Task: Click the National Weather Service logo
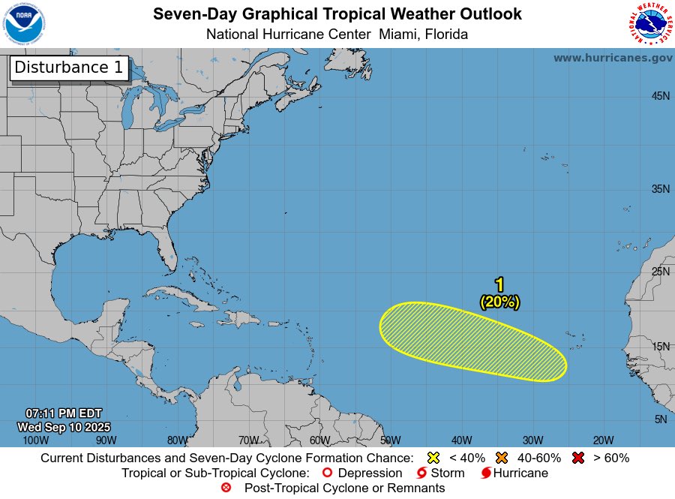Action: coord(649,24)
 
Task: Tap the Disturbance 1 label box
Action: coord(69,68)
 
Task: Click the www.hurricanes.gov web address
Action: coord(613,58)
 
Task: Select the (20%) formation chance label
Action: coord(499,302)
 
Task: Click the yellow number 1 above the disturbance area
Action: coord(499,284)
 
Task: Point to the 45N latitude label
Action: coord(660,96)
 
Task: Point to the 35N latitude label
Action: coord(660,189)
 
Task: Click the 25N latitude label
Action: coord(660,271)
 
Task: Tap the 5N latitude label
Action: coord(661,419)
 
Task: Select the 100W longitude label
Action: coord(35,440)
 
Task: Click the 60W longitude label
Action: coord(319,440)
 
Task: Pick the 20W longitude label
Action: coord(604,440)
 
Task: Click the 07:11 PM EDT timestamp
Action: coord(63,413)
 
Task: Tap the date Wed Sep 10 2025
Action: coord(63,427)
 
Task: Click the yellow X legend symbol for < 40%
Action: coord(433,458)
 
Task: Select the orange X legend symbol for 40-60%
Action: coord(502,458)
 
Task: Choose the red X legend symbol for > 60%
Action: coord(577,458)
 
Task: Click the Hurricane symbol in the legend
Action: coord(486,473)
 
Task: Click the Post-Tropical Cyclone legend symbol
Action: coord(226,488)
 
